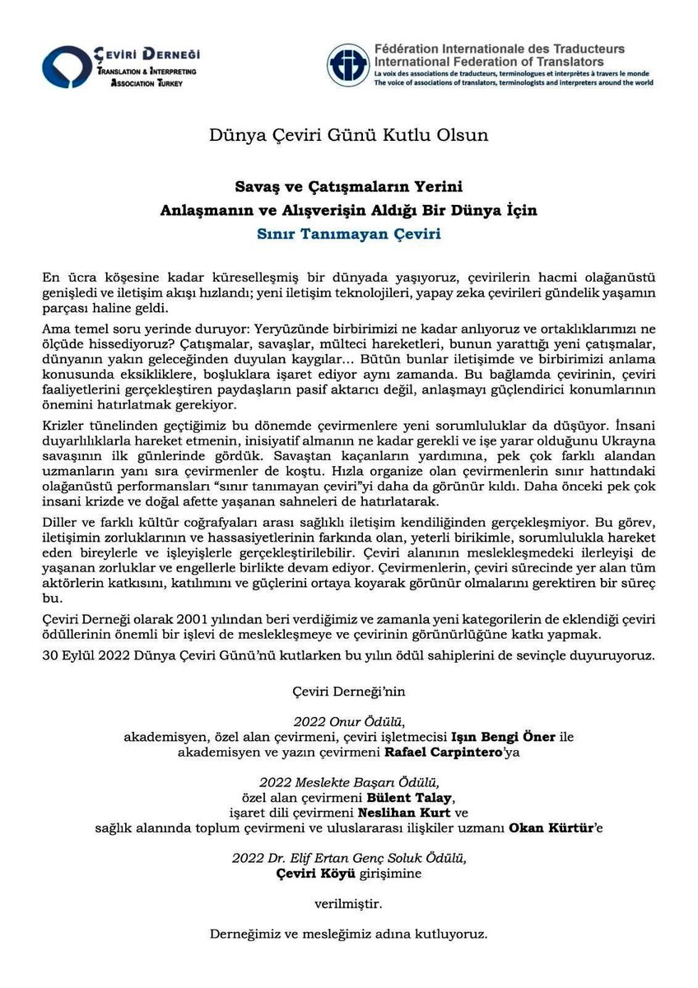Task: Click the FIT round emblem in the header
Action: (347, 65)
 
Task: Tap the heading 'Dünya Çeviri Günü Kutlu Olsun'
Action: (349, 134)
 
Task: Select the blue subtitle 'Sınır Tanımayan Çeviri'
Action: (349, 233)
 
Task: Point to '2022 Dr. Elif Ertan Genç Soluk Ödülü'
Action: (349, 858)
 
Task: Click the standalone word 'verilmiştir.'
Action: (349, 904)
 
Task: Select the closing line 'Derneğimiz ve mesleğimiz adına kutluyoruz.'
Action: (349, 934)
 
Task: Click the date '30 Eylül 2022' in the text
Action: (79, 656)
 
